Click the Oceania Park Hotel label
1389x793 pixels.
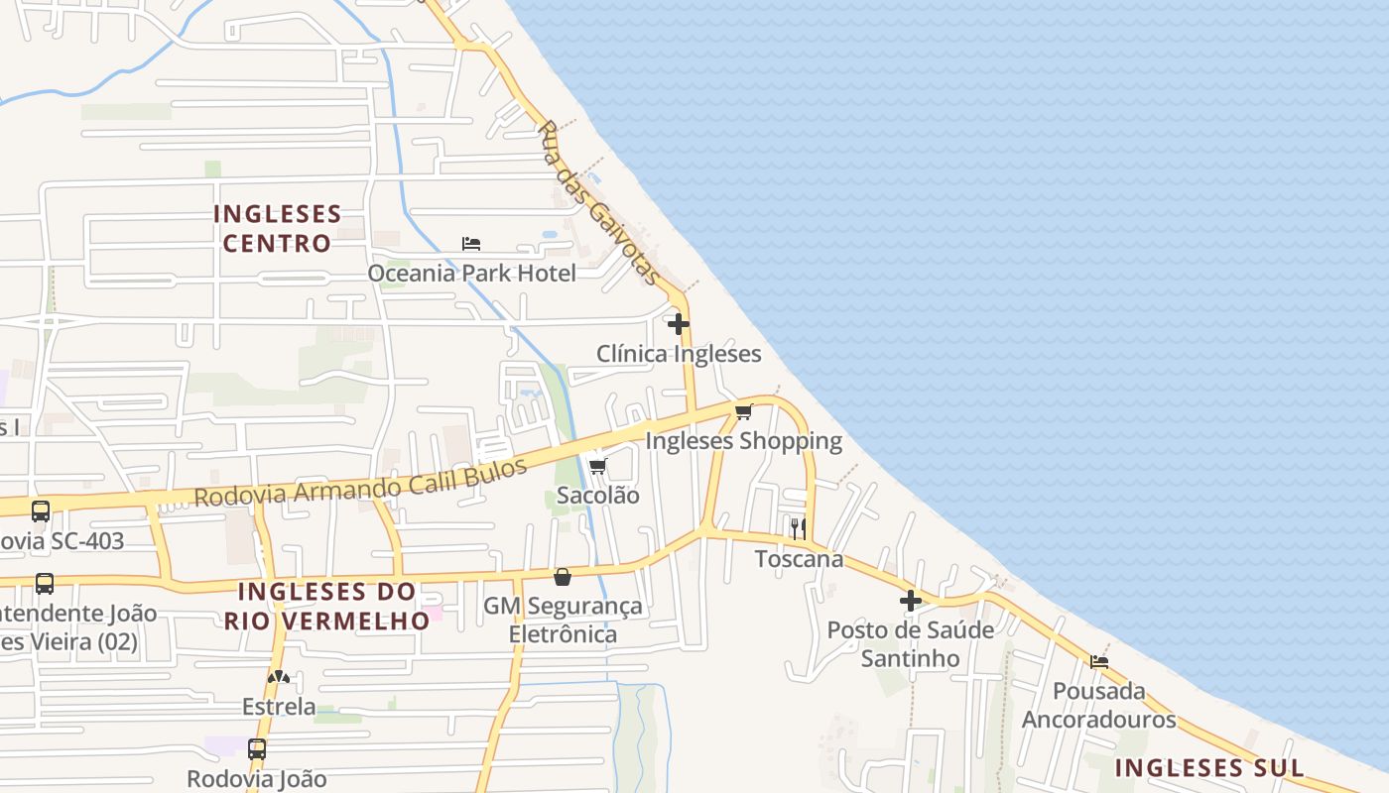tap(471, 273)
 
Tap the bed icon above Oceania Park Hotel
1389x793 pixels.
tap(471, 243)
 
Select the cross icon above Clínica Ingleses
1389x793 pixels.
tap(679, 324)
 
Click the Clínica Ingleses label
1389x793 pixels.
tap(679, 354)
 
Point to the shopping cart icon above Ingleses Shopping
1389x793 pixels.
tap(743, 411)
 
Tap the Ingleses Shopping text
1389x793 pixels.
tap(743, 441)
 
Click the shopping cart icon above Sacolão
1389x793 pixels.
tap(597, 466)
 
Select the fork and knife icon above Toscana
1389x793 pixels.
tap(798, 528)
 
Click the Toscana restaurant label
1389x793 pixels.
tap(799, 559)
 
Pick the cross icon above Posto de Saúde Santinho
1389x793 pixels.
tap(911, 600)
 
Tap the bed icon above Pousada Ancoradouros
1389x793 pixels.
tap(1099, 661)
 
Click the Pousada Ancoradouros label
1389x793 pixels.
tap(1099, 705)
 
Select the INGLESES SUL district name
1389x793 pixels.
tap(1208, 767)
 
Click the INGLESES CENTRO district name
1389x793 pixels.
tap(277, 228)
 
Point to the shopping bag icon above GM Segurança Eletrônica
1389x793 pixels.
tap(563, 576)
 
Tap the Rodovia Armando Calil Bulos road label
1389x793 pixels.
tap(360, 483)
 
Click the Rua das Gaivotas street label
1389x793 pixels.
tap(599, 203)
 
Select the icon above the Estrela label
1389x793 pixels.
tap(279, 677)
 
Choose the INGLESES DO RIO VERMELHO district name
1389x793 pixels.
tap(327, 606)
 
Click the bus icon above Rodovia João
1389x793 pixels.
tap(257, 748)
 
